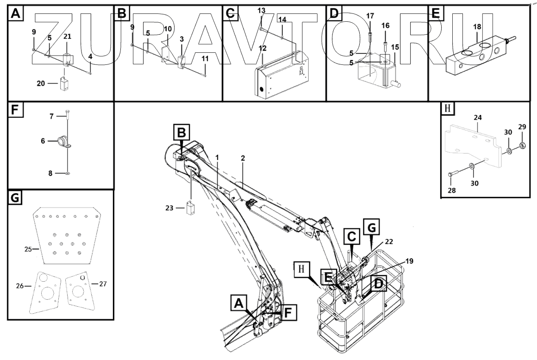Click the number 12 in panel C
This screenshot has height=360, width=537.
click(x=262, y=48)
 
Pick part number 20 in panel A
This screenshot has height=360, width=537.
click(x=41, y=83)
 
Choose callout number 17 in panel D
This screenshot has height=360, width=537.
click(x=370, y=15)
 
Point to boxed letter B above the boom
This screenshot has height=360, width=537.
click(x=182, y=133)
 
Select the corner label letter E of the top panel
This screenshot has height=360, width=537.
click(x=435, y=13)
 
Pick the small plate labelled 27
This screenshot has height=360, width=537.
click(x=80, y=291)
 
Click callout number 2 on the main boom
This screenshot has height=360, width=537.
click(x=243, y=158)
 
